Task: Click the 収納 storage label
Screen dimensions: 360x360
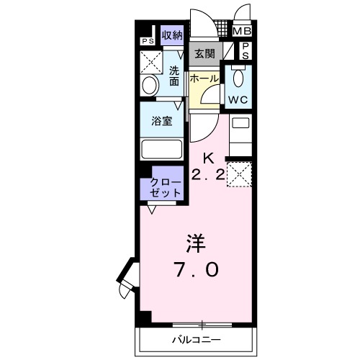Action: [x=171, y=35]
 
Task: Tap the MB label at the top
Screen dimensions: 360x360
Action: [x=242, y=31]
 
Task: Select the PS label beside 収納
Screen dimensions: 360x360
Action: [x=148, y=41]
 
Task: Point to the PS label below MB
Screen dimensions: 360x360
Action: [x=246, y=50]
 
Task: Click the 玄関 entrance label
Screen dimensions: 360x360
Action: [x=204, y=54]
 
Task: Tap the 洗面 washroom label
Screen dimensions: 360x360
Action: [x=174, y=76]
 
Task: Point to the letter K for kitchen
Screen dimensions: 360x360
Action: [x=208, y=158]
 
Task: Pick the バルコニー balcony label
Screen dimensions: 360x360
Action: [x=196, y=339]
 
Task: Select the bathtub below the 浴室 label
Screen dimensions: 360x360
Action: [x=161, y=149]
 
